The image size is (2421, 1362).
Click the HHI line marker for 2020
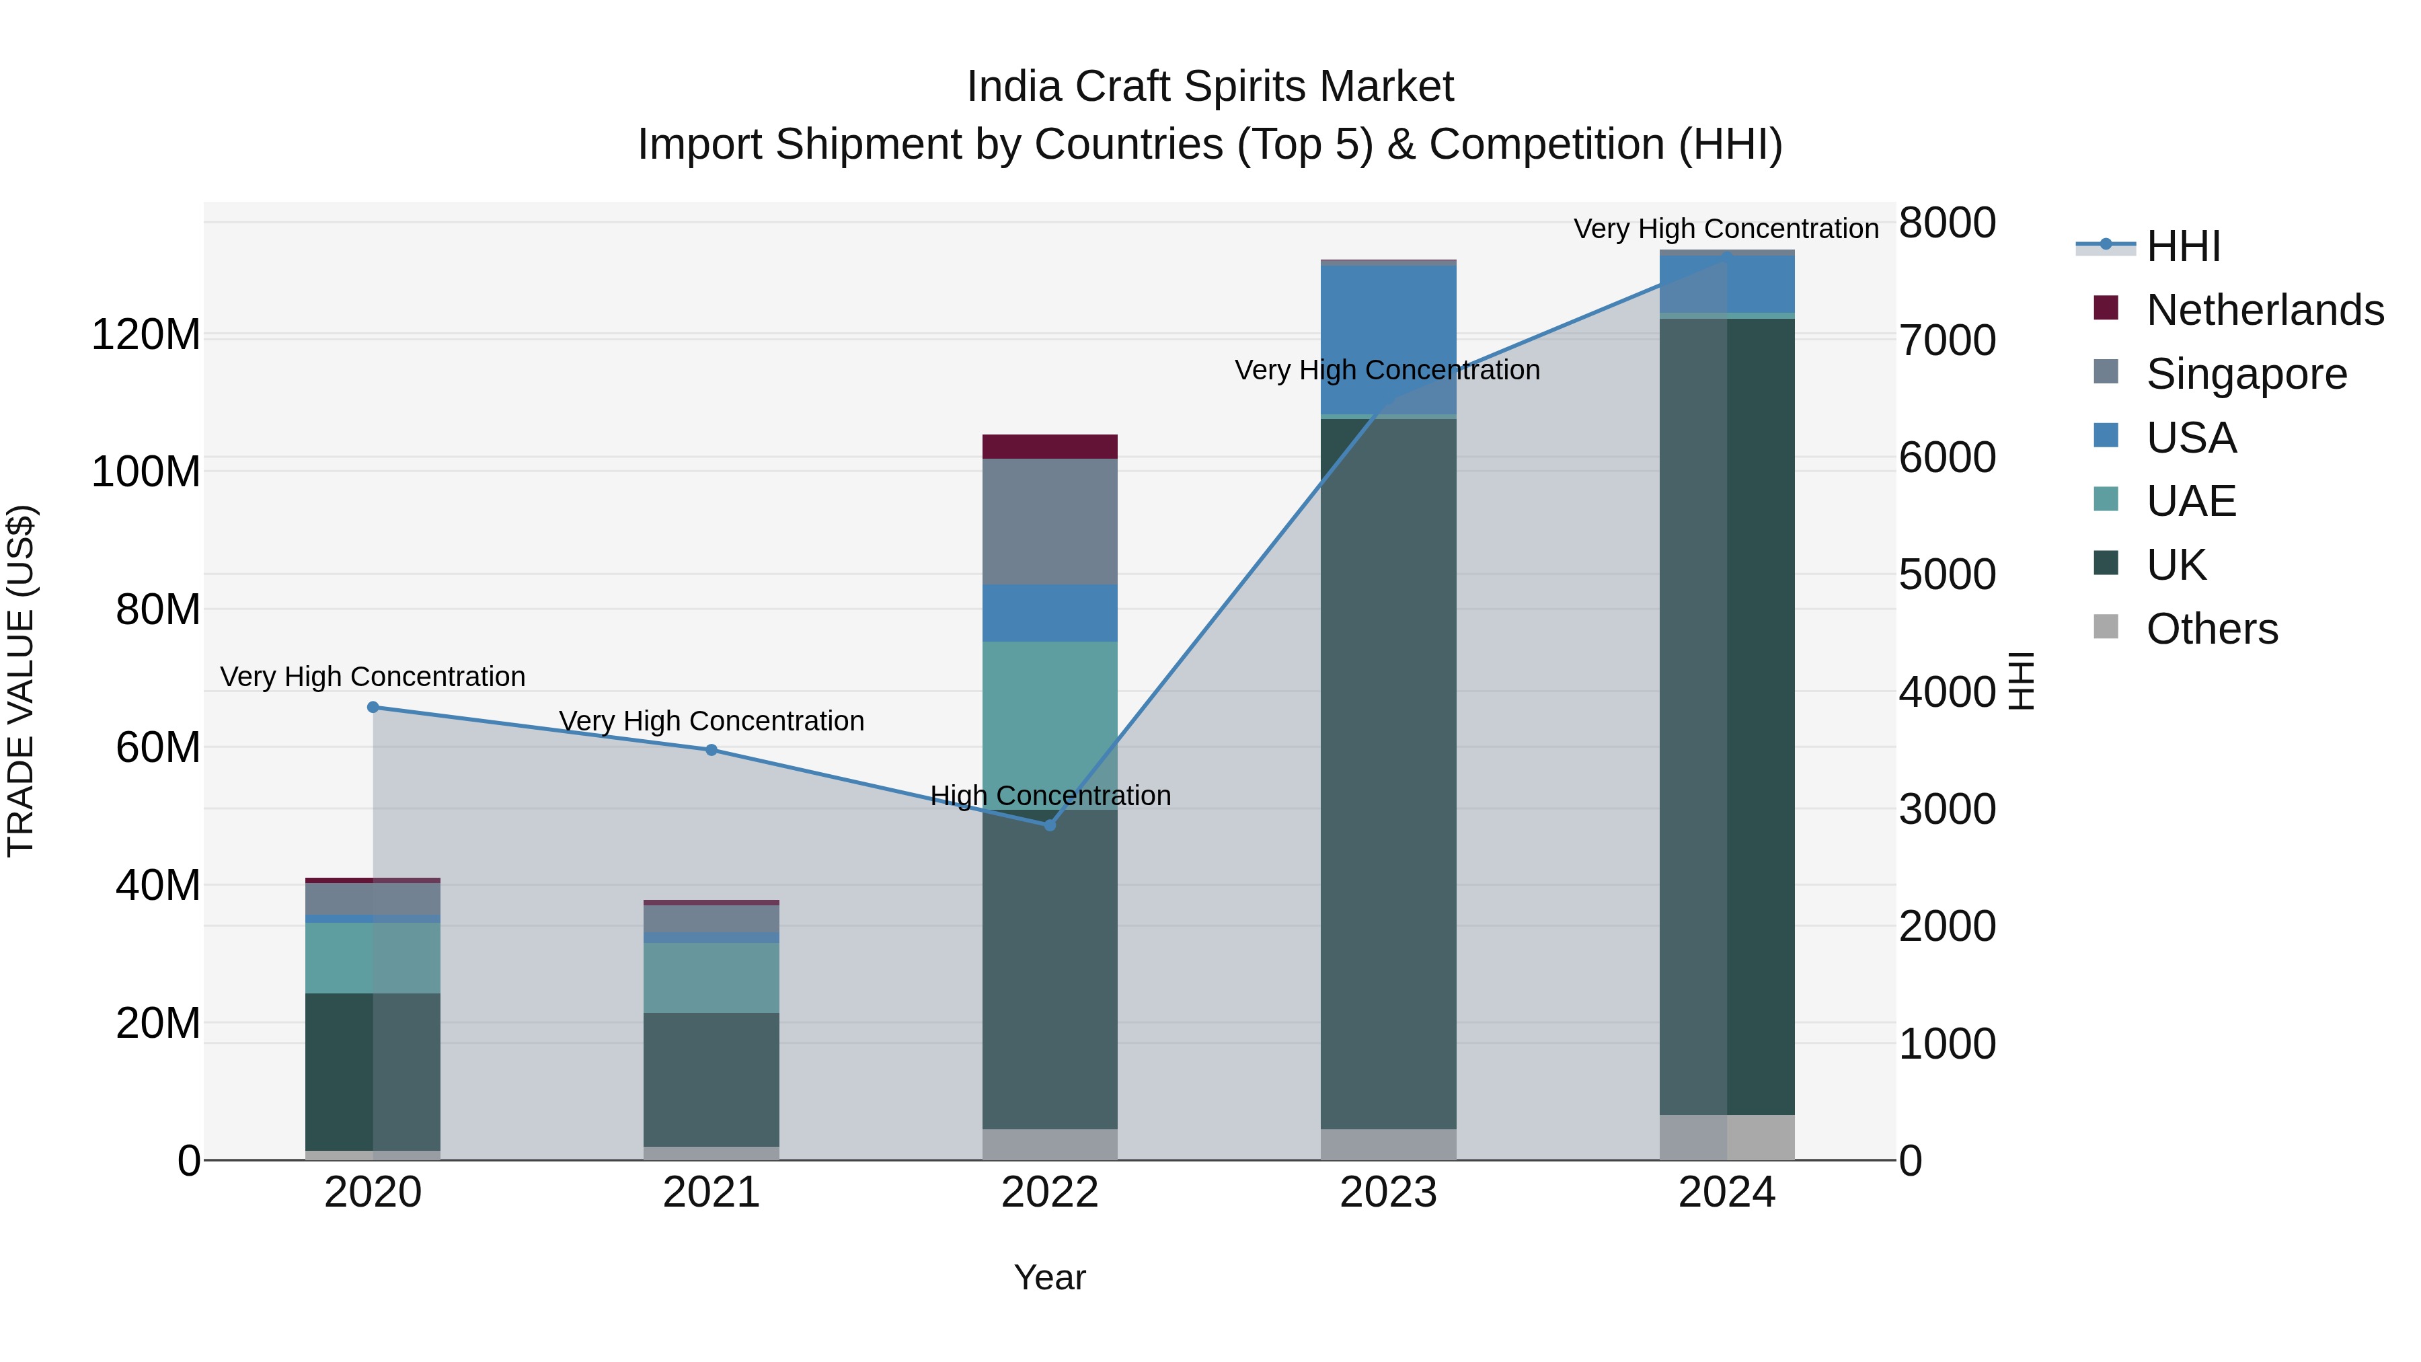click(x=373, y=707)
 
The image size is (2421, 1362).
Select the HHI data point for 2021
click(x=712, y=750)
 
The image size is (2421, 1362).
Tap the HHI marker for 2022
click(x=1050, y=825)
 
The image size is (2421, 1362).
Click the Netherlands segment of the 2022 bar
click(x=1050, y=447)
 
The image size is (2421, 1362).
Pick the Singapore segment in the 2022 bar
click(x=1050, y=522)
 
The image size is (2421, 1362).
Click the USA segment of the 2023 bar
click(x=1388, y=338)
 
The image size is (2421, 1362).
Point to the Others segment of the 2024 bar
click(x=1726, y=1137)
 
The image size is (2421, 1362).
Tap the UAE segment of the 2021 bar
click(x=712, y=977)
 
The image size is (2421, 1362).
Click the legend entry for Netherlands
click(x=2264, y=310)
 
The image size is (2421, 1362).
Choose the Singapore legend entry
click(x=2246, y=374)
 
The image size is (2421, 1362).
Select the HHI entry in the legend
click(x=2182, y=246)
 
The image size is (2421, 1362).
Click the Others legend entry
click(x=2211, y=629)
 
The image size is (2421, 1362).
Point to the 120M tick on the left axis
click(x=146, y=335)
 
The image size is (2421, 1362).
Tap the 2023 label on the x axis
click(x=1388, y=1193)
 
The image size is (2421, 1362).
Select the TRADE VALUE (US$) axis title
click(x=21, y=681)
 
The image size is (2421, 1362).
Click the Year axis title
click(x=1050, y=1277)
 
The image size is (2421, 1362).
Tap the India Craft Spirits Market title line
click(x=1210, y=87)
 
